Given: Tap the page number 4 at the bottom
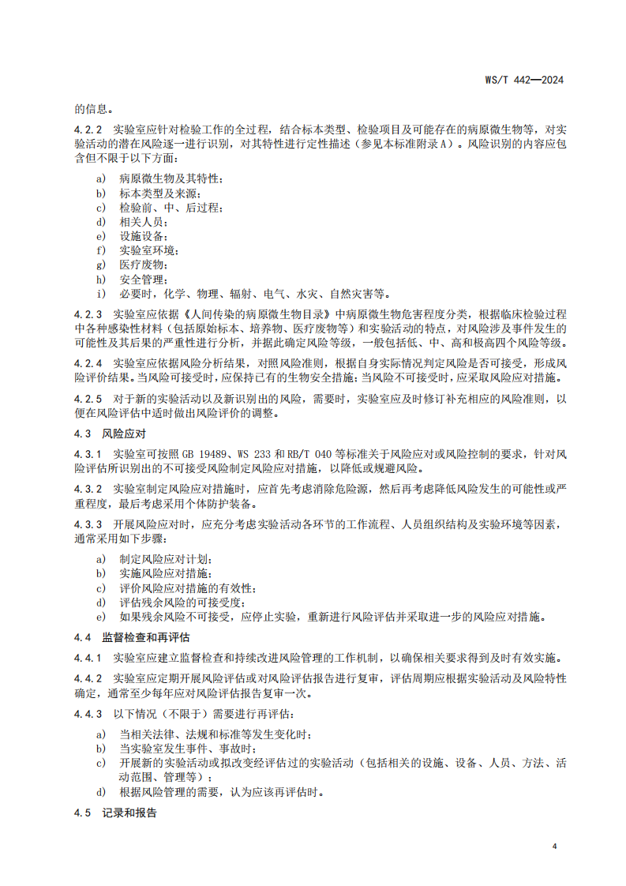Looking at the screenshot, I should (554, 846).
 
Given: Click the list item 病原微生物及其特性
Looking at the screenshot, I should (170, 180).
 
